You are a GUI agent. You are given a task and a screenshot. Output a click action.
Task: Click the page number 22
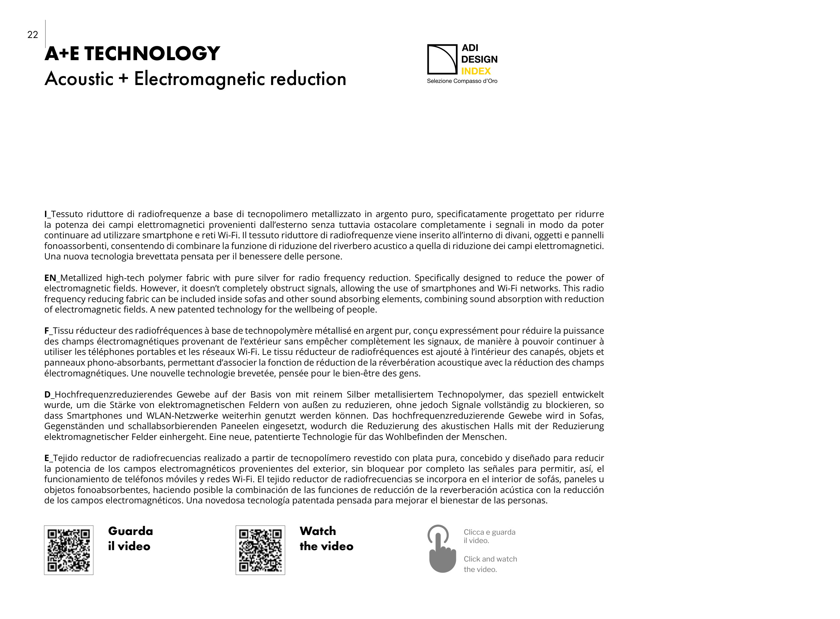click(33, 35)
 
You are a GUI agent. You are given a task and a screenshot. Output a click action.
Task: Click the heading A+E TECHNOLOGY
click(132, 53)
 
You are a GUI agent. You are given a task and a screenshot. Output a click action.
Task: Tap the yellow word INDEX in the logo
click(475, 71)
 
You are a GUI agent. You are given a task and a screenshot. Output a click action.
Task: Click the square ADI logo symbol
click(442, 59)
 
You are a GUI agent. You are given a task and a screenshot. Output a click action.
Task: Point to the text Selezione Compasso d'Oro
click(462, 81)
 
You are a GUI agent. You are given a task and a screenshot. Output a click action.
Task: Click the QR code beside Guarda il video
click(69, 550)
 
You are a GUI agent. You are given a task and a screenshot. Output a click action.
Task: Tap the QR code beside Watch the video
click(260, 550)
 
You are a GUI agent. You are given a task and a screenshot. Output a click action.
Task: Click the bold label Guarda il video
click(130, 539)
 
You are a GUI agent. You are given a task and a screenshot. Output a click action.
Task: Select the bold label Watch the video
click(326, 539)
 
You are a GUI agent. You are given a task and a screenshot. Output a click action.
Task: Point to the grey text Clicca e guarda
click(489, 532)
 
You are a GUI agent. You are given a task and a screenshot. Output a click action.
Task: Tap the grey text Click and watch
click(490, 559)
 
